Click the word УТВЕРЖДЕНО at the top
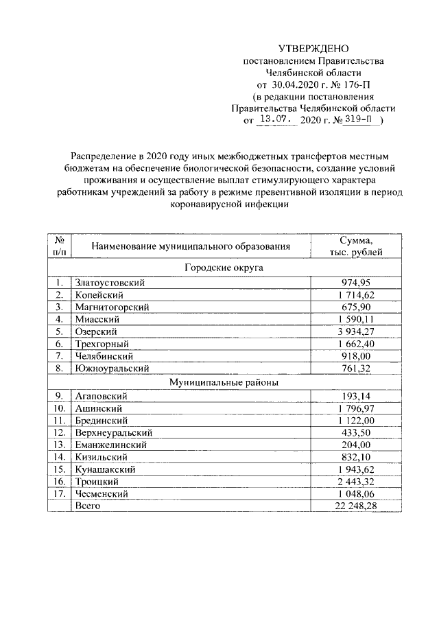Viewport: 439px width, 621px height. [313, 48]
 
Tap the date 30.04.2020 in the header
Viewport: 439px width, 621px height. [295, 84]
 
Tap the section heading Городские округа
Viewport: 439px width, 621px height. [219, 267]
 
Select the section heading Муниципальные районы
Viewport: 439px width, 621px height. [219, 382]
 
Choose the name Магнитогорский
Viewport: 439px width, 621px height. [111, 307]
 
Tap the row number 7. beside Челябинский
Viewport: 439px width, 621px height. [60, 356]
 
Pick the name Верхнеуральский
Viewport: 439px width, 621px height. [113, 432]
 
